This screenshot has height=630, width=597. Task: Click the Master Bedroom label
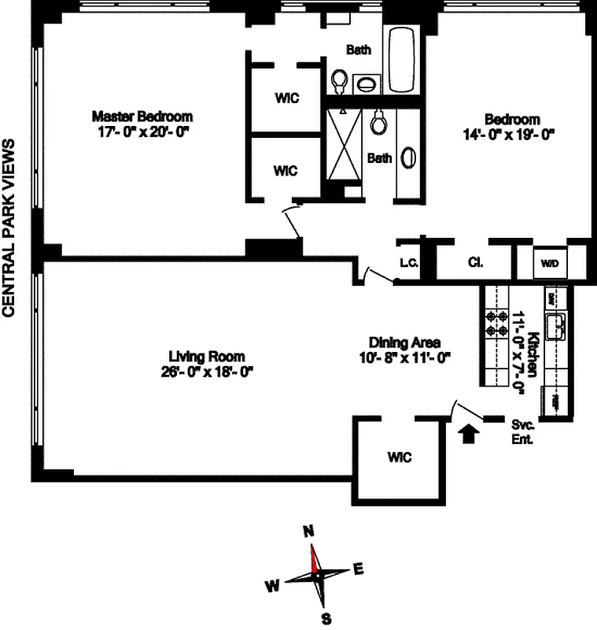(142, 116)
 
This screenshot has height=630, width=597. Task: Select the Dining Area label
(404, 343)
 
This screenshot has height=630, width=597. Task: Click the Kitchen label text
(533, 347)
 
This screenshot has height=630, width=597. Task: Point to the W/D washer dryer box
(549, 263)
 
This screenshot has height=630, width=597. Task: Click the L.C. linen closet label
(407, 263)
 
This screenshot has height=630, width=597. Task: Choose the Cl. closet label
(475, 263)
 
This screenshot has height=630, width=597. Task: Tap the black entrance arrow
(468, 433)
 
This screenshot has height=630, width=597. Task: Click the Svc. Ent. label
(522, 431)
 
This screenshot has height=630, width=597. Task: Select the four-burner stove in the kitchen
(497, 323)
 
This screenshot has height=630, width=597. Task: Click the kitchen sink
(558, 323)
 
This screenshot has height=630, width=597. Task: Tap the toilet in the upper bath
(340, 80)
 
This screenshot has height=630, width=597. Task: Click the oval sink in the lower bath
(408, 157)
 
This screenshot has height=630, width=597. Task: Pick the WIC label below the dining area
(399, 458)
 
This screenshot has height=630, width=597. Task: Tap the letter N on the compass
(308, 531)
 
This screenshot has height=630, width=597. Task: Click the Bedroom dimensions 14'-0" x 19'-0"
(510, 134)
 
